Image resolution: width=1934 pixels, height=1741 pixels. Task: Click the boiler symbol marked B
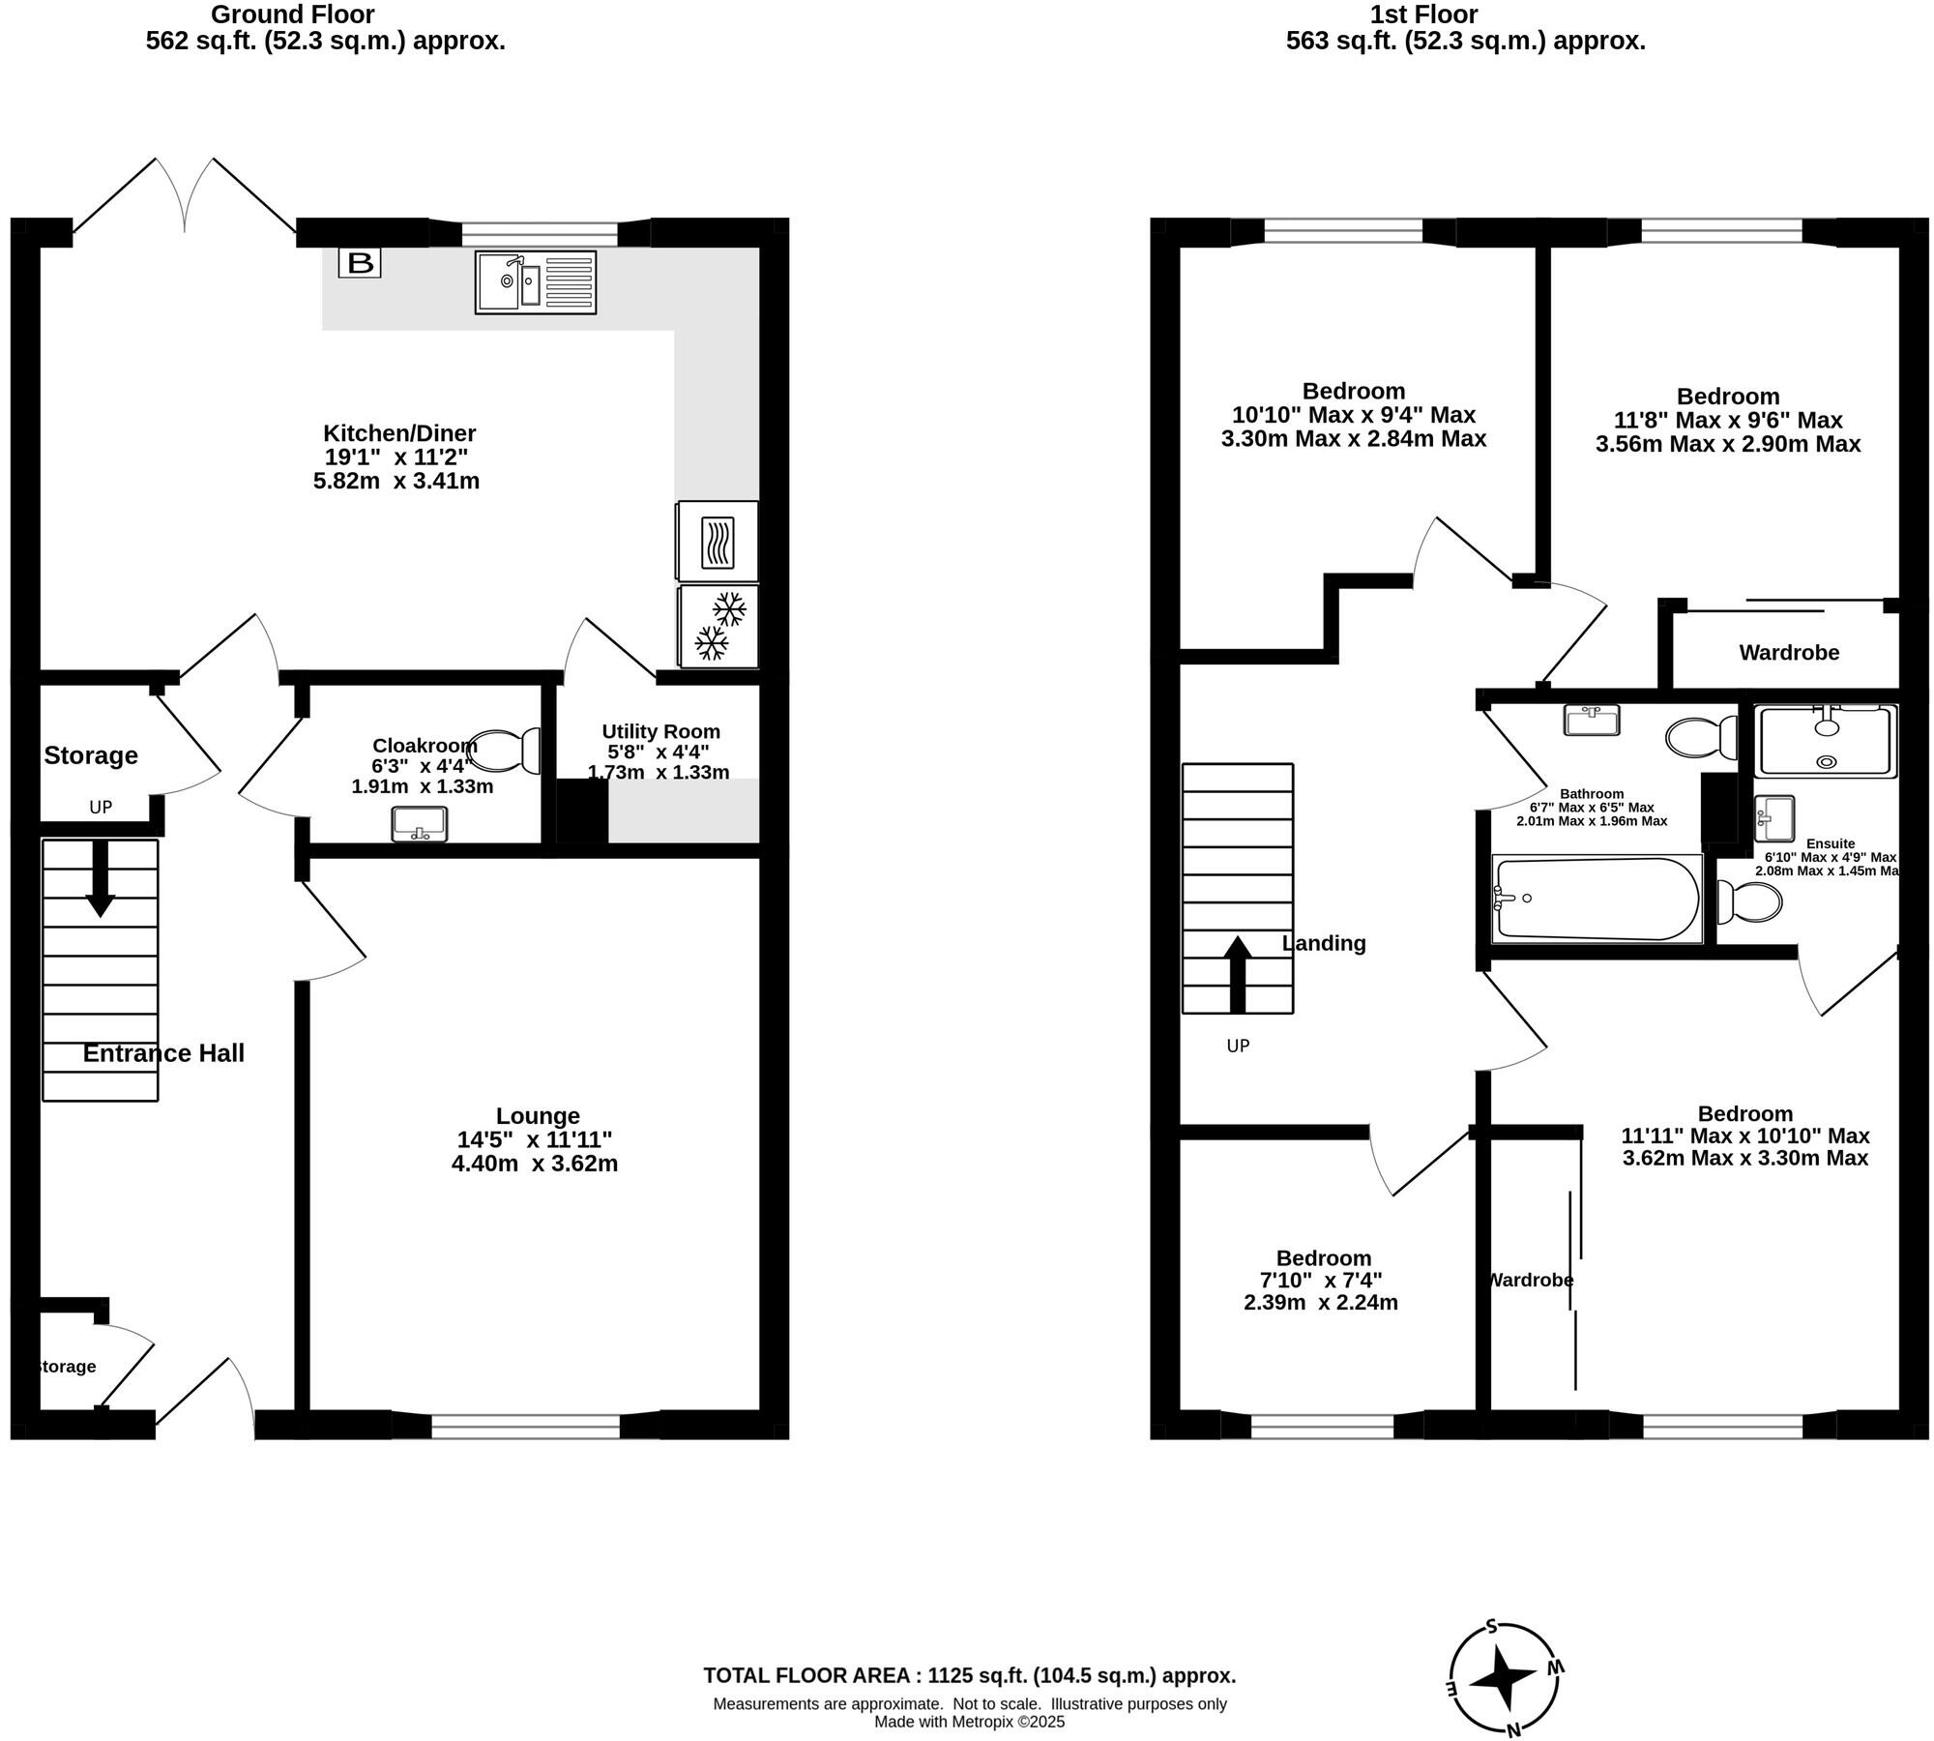click(x=360, y=262)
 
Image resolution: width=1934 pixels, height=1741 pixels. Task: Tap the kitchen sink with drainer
click(x=536, y=281)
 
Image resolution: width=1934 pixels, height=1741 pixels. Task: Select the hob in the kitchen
click(x=718, y=541)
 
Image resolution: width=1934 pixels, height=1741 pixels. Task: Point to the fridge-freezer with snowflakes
click(x=718, y=626)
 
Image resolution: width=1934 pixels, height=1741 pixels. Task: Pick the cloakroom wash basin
click(x=420, y=823)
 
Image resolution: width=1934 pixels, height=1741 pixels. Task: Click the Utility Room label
click(x=661, y=731)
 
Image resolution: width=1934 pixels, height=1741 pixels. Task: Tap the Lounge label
click(x=538, y=1116)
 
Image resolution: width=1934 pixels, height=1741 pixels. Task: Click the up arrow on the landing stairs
click(x=1238, y=974)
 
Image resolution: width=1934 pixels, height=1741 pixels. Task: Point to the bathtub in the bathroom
click(x=1597, y=899)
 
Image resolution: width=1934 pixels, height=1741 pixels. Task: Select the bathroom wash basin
click(x=1592, y=720)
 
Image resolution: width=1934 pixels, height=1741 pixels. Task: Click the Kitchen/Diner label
click(x=399, y=433)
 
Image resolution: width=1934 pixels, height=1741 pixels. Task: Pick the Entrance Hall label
click(x=163, y=1053)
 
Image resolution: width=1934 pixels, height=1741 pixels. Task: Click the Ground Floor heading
click(x=293, y=15)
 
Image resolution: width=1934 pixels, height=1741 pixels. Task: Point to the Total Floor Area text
click(x=970, y=1675)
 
